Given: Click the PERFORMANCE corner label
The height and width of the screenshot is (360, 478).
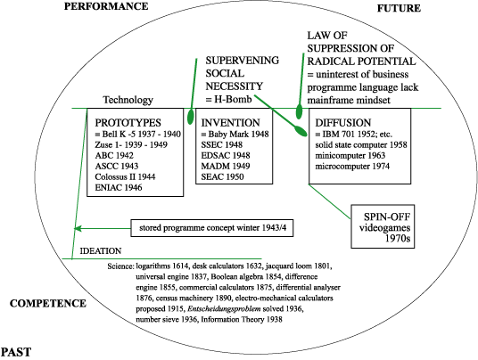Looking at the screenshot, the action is tap(106, 6).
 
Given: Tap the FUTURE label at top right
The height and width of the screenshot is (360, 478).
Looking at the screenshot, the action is tap(399, 8).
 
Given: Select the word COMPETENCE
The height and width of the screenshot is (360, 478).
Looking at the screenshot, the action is tap(48, 303).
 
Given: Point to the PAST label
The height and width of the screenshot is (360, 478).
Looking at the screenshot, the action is tap(16, 352).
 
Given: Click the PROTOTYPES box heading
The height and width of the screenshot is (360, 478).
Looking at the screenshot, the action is tap(128, 123).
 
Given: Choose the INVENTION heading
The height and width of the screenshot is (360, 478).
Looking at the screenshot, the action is tap(230, 123).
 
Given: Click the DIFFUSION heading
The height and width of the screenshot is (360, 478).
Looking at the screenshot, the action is tap(343, 123).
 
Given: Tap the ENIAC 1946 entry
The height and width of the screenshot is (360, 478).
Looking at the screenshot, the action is tap(119, 187).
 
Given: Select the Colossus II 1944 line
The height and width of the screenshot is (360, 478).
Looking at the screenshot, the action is tap(125, 176).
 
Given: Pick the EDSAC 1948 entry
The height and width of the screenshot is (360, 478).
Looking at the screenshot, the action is tap(226, 155).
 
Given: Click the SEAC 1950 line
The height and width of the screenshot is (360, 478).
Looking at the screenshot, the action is tap(222, 176).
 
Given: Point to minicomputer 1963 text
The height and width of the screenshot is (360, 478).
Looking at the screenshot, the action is tap(350, 155).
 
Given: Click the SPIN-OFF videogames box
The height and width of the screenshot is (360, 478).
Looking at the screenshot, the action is tap(383, 226).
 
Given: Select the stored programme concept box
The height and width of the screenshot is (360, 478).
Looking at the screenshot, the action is tap(212, 228).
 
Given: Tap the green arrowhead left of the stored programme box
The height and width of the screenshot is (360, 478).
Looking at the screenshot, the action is tap(78, 228).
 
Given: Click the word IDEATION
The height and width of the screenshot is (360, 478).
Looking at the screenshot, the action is tap(101, 251).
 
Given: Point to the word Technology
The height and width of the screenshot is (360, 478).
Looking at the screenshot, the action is tap(128, 100).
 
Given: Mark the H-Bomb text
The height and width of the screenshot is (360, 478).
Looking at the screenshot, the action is tap(233, 99).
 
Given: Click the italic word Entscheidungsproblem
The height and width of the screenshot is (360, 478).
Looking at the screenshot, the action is tap(224, 309).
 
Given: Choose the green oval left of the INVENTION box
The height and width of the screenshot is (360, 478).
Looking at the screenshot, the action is tap(191, 116).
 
